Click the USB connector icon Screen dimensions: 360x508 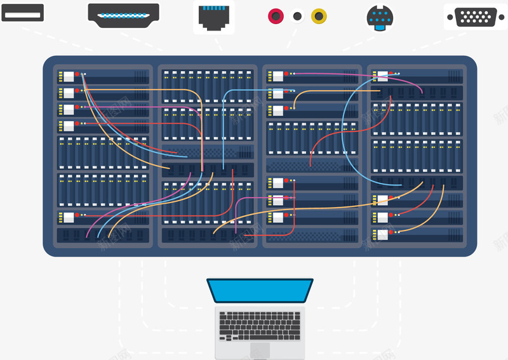[22, 13]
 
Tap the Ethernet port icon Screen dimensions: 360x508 [214, 17]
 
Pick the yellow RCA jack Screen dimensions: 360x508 [319, 15]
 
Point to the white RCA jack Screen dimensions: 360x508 [297, 16]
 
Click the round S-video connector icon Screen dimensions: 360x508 [380, 18]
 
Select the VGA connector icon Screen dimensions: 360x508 [476, 17]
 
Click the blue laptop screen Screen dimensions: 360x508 [260, 290]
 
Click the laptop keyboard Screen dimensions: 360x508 [260, 324]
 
